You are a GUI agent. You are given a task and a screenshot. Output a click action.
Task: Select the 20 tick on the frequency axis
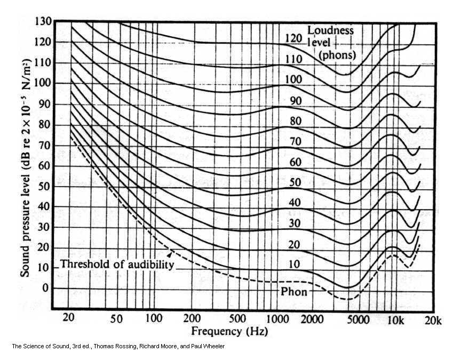(x=69, y=319)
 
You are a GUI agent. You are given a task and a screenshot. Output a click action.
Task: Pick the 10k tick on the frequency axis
(x=395, y=319)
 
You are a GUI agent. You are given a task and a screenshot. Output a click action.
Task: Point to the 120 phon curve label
(x=294, y=38)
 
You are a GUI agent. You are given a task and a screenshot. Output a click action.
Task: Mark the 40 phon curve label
(x=293, y=203)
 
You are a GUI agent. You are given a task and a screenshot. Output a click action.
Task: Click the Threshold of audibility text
(x=117, y=264)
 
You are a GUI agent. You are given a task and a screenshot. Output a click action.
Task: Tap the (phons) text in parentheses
(x=337, y=54)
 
